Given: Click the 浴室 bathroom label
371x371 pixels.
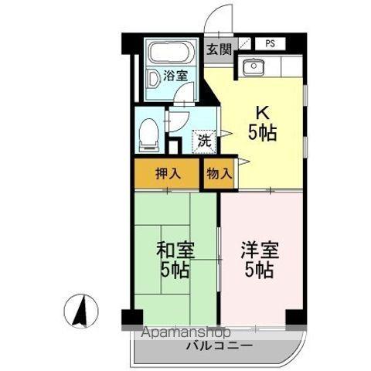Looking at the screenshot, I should tap(175, 76).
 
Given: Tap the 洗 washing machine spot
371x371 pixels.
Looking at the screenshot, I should tap(204, 141).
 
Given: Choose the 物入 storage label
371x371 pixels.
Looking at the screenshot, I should tap(219, 173).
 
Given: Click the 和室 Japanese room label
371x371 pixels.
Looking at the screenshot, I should tap(175, 250).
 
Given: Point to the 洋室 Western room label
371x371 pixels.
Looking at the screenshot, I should tap(259, 250).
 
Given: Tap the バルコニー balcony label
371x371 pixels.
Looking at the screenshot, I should tap(219, 345).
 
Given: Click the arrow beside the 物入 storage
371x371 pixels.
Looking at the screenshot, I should tap(242, 162).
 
